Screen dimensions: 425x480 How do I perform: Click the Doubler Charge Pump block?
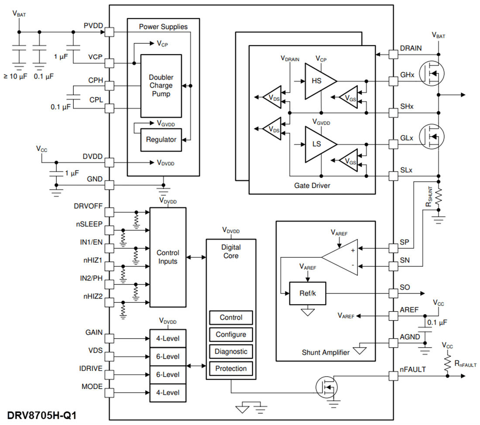pyautogui.click(x=161, y=86)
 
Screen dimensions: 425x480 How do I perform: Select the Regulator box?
pyautogui.click(x=161, y=140)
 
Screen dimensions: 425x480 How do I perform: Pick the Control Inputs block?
pyautogui.click(x=168, y=257)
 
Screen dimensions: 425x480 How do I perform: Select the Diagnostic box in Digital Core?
pyautogui.click(x=231, y=351)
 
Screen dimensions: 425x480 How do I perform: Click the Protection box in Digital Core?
pyautogui.click(x=231, y=368)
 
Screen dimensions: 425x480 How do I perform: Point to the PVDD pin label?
pyautogui.click(x=93, y=26)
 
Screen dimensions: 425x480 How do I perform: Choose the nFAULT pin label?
pyautogui.click(x=413, y=370)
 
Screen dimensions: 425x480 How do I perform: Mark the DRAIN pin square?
pyautogui.click(x=393, y=54)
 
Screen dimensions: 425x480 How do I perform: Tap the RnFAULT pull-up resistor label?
pyautogui.click(x=465, y=364)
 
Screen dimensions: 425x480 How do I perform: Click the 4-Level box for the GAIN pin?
pyautogui.click(x=168, y=338)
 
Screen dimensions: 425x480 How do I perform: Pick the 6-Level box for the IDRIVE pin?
pyautogui.click(x=168, y=374)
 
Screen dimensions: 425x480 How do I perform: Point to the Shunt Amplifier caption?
pyautogui.click(x=326, y=352)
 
